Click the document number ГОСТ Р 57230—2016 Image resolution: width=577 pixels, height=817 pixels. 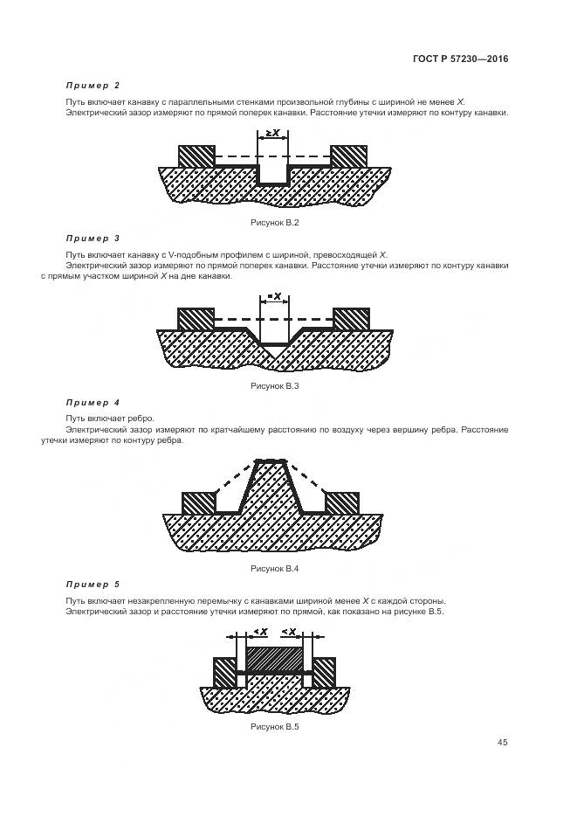click(461, 60)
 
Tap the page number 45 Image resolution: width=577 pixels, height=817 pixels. click(503, 743)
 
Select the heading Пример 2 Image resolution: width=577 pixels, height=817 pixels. click(93, 86)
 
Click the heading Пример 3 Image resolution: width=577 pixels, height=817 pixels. click(93, 238)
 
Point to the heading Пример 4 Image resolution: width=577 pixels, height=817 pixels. click(93, 402)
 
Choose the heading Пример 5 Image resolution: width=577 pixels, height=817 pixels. click(93, 584)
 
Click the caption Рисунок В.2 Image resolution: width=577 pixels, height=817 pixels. click(275, 224)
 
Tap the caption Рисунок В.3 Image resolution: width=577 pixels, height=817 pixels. click(275, 385)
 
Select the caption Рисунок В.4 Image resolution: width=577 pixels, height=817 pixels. click(275, 568)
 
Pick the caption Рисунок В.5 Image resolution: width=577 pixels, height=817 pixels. click(275, 726)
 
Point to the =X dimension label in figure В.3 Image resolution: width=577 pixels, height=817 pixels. click(275, 296)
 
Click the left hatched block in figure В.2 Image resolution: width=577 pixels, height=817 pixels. click(196, 156)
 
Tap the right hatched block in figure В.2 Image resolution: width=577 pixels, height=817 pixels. click(349, 156)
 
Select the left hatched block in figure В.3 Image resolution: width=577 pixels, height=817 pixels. click(196, 319)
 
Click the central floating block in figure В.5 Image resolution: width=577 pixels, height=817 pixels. click(275, 658)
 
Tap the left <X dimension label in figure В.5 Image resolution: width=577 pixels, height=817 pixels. click(259, 631)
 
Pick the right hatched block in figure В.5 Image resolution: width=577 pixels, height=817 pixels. click(324, 672)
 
